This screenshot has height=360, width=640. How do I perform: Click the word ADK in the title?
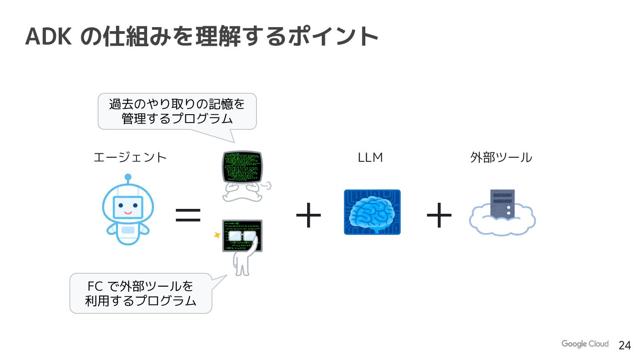pyautogui.click(x=49, y=36)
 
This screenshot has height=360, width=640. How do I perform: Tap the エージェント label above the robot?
pyautogui.click(x=130, y=157)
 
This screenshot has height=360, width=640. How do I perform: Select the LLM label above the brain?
pyautogui.click(x=370, y=157)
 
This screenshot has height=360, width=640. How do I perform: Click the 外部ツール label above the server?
pyautogui.click(x=501, y=157)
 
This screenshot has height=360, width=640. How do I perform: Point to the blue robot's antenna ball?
pyautogui.click(x=128, y=177)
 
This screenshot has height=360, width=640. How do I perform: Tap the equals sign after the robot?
pyautogui.click(x=188, y=215)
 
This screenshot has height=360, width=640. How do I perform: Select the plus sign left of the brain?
pyautogui.click(x=308, y=215)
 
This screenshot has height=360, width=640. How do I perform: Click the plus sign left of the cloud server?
pyautogui.click(x=439, y=215)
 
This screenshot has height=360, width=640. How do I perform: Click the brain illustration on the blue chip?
pyautogui.click(x=372, y=212)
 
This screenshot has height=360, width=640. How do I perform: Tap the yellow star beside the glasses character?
pyautogui.click(x=217, y=235)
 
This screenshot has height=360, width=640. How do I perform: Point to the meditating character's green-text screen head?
pyautogui.click(x=242, y=166)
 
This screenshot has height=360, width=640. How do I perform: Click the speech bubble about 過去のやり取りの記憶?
pyautogui.click(x=177, y=111)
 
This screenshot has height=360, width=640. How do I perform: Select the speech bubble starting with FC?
pyautogui.click(x=140, y=293)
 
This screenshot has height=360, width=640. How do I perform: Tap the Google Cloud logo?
pyautogui.click(x=584, y=344)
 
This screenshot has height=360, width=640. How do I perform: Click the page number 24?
pyautogui.click(x=624, y=345)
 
